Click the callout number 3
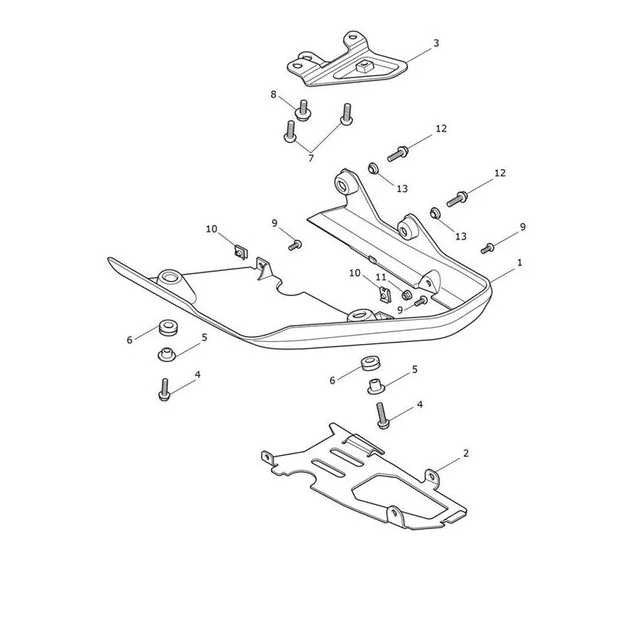[436, 43]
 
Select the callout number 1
[520, 263]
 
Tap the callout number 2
[465, 454]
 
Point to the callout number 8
[273, 94]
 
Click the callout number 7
[310, 159]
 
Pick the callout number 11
[381, 277]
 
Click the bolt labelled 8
[303, 109]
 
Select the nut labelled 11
[406, 295]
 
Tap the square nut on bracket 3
[365, 65]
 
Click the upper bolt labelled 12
[398, 154]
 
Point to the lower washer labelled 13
[435, 213]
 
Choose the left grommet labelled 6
[169, 327]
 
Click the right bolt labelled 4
[383, 417]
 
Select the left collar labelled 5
[167, 354]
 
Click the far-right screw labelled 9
[487, 249]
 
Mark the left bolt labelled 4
[164, 389]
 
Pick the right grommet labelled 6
[369, 363]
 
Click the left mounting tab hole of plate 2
[266, 458]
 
